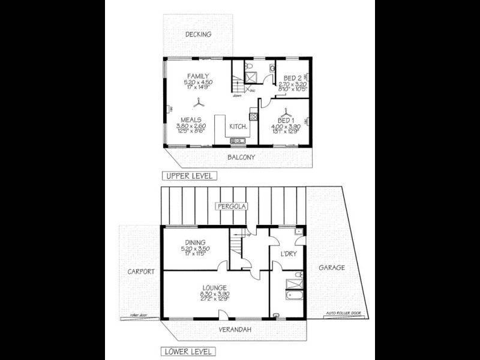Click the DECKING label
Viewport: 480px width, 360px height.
coord(198,35)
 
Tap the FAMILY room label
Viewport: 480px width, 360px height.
coord(199,76)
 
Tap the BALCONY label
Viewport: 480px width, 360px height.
coord(241,158)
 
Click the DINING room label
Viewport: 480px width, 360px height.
coord(195,242)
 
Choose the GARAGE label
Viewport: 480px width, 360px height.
coord(331,268)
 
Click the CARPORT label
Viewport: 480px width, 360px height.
coord(142,271)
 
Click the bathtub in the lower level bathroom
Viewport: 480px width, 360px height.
coord(293,295)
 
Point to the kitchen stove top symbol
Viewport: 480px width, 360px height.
coord(237,140)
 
